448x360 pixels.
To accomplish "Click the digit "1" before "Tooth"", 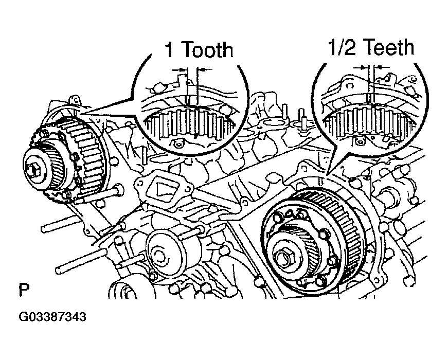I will pos(168,50).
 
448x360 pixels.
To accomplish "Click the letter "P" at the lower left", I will pos(24,290).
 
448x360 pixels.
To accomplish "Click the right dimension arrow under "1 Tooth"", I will pos(204,69).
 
